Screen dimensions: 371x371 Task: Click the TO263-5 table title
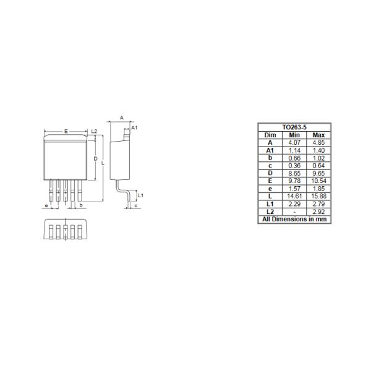[294, 127]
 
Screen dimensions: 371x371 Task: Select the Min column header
[294, 135]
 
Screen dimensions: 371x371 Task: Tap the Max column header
[318, 135]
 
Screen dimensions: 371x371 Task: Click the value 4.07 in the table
[294, 143]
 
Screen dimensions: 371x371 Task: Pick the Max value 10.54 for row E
[318, 181]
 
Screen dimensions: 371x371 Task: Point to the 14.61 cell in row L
[294, 196]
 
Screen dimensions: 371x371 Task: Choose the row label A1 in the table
[270, 150]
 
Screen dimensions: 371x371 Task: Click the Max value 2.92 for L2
[318, 211]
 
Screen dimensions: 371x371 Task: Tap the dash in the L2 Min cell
[294, 211]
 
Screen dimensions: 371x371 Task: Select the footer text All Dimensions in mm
[294, 220]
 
